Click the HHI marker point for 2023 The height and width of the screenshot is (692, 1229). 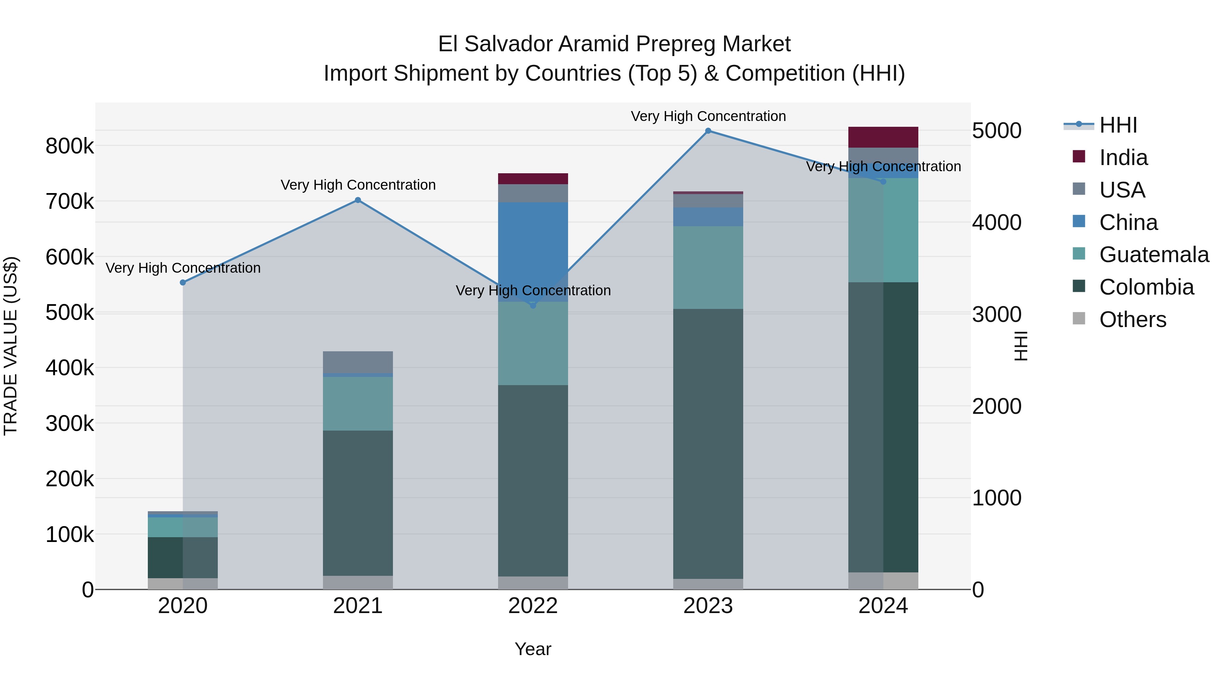coord(708,131)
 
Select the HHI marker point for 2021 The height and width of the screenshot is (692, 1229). coord(358,200)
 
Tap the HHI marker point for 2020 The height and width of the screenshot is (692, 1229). coord(183,283)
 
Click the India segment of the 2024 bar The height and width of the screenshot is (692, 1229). coord(883,137)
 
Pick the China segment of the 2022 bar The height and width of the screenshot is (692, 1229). coord(533,252)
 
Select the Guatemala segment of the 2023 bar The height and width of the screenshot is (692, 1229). coord(708,268)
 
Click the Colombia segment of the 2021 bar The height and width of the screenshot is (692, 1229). coord(358,503)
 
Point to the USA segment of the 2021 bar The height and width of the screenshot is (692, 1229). coord(358,362)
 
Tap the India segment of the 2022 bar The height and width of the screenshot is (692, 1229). coord(533,179)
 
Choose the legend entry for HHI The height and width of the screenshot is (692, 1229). coord(1118,125)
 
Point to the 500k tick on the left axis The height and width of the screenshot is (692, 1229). coord(70,313)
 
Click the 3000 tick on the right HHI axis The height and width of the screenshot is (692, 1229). coord(997,314)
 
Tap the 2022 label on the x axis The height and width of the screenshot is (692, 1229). coord(533,606)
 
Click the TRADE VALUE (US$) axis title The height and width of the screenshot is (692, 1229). coord(11,346)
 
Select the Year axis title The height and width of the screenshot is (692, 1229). coord(533,649)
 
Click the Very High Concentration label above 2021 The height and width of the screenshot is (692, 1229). coord(358,185)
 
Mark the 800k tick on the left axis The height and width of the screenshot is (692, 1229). coord(70,146)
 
